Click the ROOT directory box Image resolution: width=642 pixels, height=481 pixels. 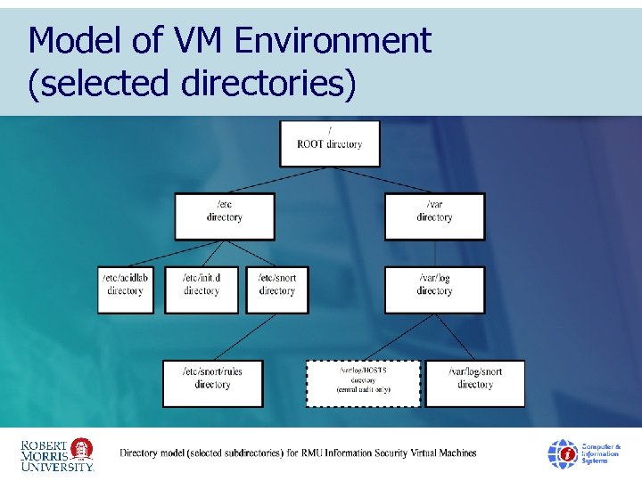[330, 143]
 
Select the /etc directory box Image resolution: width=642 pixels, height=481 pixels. [225, 216]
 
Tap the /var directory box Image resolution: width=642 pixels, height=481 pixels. [435, 216]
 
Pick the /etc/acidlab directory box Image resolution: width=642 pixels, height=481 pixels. [126, 289]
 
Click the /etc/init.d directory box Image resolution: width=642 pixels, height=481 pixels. [202, 289]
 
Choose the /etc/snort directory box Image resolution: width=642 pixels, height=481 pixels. [277, 289]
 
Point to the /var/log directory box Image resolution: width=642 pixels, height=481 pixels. [435, 289]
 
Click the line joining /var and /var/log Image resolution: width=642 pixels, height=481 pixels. [435, 253]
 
